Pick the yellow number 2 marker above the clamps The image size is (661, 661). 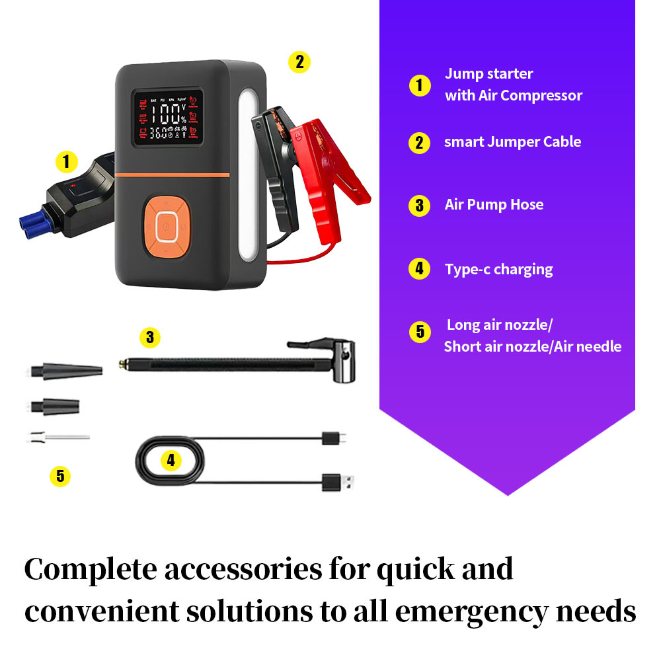tap(299, 62)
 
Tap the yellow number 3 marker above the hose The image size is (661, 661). tap(150, 337)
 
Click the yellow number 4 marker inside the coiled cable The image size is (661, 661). tap(171, 461)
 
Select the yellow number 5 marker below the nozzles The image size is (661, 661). tap(59, 475)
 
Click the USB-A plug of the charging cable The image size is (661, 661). tap(334, 481)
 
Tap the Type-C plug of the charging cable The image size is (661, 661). tap(334, 438)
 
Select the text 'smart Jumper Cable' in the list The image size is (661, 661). tap(512, 142)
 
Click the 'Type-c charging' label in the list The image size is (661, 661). tap(498, 269)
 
